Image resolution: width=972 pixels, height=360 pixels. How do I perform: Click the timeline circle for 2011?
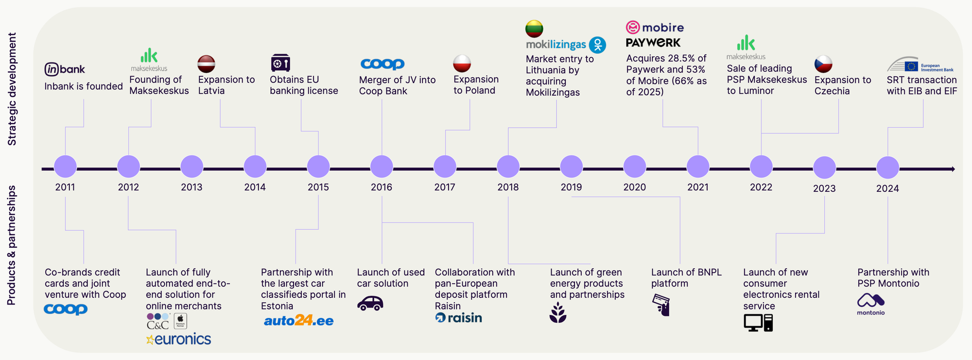pos(65,167)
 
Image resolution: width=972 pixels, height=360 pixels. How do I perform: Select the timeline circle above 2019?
pos(571,167)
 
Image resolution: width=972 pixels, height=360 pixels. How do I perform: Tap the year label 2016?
pos(382,187)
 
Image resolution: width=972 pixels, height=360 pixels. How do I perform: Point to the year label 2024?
pos(887,189)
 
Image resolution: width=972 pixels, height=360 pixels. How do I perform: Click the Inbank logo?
pos(65,69)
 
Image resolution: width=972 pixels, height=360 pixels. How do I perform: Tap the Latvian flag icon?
pos(207,64)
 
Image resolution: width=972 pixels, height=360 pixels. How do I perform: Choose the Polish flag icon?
pos(462,63)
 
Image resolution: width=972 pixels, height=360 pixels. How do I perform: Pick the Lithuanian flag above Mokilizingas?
pos(534,29)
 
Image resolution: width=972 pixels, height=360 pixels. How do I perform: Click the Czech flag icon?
pos(823,64)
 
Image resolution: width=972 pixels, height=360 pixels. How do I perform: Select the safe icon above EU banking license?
pos(280,63)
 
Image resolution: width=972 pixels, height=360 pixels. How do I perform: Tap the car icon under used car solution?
pos(370,304)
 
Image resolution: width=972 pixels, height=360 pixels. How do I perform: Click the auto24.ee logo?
pos(298,321)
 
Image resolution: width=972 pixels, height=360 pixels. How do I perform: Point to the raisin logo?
pos(459,318)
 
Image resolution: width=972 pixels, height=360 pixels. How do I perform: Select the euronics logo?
pos(179,339)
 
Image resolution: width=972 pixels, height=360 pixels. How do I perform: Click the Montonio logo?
pos(870,304)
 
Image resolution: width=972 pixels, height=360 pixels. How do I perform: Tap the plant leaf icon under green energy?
pos(558,312)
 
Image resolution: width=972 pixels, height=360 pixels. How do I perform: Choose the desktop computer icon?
pos(758,323)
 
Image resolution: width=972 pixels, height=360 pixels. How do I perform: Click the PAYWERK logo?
pos(653,43)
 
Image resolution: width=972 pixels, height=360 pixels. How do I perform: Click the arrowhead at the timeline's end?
pos(953,169)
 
